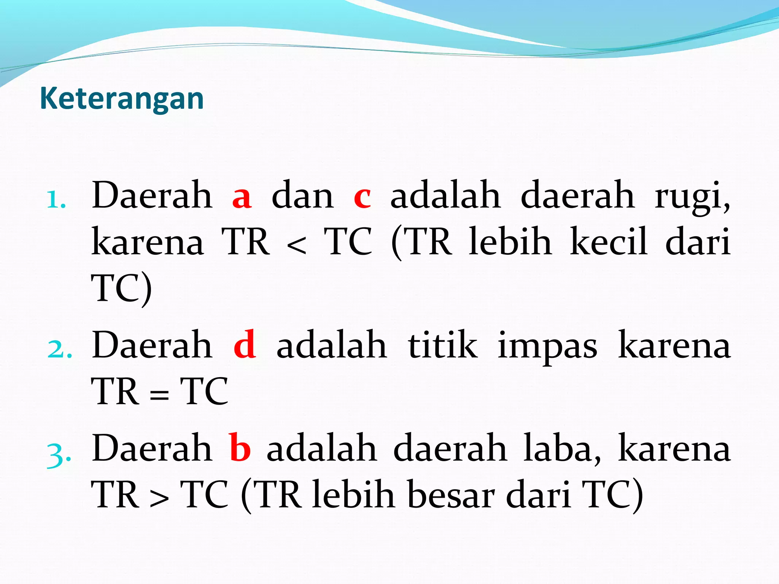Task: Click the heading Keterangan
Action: pos(122,98)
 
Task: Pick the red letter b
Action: pos(240,448)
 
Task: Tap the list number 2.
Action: pos(59,349)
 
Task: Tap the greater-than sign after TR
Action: pos(159,499)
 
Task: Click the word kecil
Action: pos(609,241)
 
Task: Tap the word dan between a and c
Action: pos(302,196)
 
